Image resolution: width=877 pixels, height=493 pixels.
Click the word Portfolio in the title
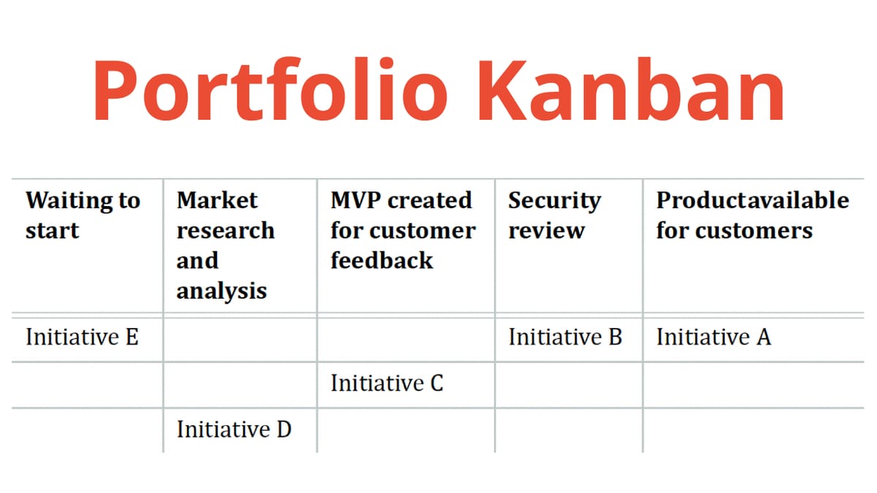coord(270,89)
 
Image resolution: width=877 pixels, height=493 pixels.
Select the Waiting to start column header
coord(83,215)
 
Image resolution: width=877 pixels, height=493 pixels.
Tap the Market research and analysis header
coord(225,245)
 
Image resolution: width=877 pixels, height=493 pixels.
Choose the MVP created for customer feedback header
coord(402,230)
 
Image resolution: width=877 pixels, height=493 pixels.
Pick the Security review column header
coord(555,215)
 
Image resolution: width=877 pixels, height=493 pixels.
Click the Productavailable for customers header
coord(752,215)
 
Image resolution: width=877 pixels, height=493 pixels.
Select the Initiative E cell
coord(82,337)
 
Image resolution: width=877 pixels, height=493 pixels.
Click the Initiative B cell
coord(565,337)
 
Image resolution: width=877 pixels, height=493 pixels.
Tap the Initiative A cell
coord(713,337)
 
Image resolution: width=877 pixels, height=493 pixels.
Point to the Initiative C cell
coord(387,383)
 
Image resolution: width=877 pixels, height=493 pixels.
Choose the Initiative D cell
coord(234,429)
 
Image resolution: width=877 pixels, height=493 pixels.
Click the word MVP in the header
coord(357,200)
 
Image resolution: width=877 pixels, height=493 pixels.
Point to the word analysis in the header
coord(221,291)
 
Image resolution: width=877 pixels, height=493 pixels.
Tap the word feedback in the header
coord(381,261)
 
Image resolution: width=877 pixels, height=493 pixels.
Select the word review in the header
coord(547,231)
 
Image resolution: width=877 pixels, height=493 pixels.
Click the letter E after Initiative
coord(132,337)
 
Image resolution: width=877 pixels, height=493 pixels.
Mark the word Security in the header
coord(555,200)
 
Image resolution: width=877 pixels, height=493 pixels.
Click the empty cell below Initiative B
coord(569,384)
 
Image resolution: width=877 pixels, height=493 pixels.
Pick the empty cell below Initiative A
coord(753,384)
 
